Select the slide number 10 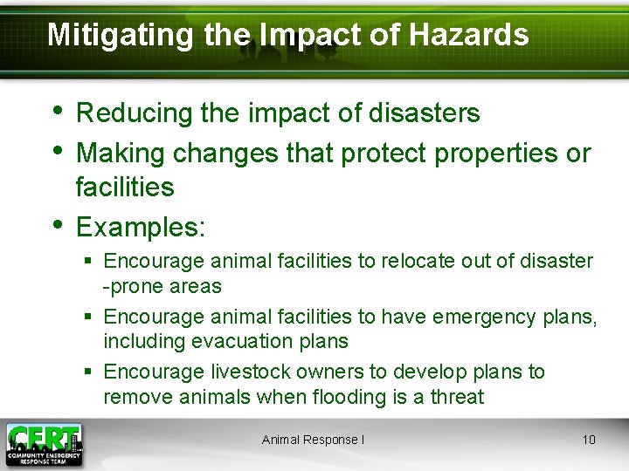tap(589, 440)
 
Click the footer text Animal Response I tap(313, 440)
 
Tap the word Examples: tap(141, 228)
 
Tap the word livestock tap(247, 372)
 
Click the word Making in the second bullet tap(121, 154)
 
